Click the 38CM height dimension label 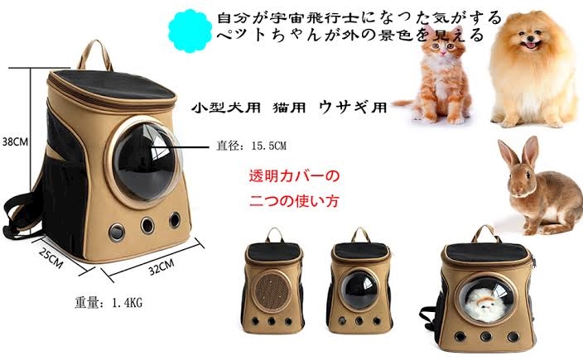click(15, 142)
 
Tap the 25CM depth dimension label click(51, 257)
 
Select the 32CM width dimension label click(161, 266)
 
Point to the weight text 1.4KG click(127, 303)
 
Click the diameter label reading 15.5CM click(269, 146)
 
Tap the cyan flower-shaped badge click(190, 31)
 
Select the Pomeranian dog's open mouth click(531, 45)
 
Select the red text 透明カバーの click(294, 175)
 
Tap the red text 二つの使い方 click(294, 201)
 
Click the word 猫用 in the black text click(289, 108)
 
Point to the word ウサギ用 click(354, 107)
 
